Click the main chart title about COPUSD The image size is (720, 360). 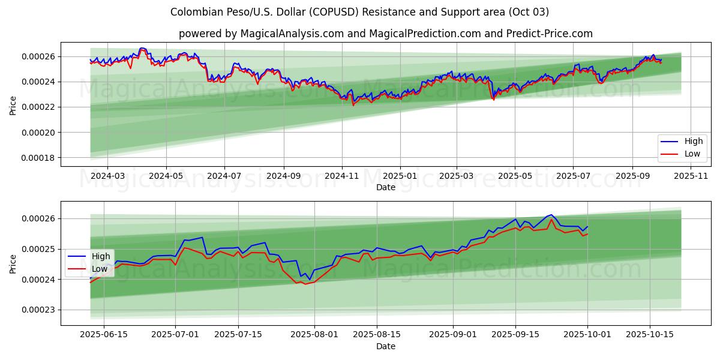pyautogui.click(x=359, y=12)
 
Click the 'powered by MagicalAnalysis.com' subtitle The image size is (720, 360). pyautogui.click(x=385, y=34)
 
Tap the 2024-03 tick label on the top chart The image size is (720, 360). pyautogui.click(x=107, y=176)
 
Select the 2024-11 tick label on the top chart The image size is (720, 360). pyautogui.click(x=341, y=176)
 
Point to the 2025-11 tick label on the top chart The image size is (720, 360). pyautogui.click(x=691, y=176)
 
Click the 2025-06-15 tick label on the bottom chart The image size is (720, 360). pyautogui.click(x=104, y=335)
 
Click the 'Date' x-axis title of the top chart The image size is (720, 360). pyautogui.click(x=385, y=187)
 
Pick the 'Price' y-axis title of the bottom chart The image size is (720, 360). pyautogui.click(x=13, y=263)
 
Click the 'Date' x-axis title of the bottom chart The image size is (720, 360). pyautogui.click(x=385, y=346)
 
